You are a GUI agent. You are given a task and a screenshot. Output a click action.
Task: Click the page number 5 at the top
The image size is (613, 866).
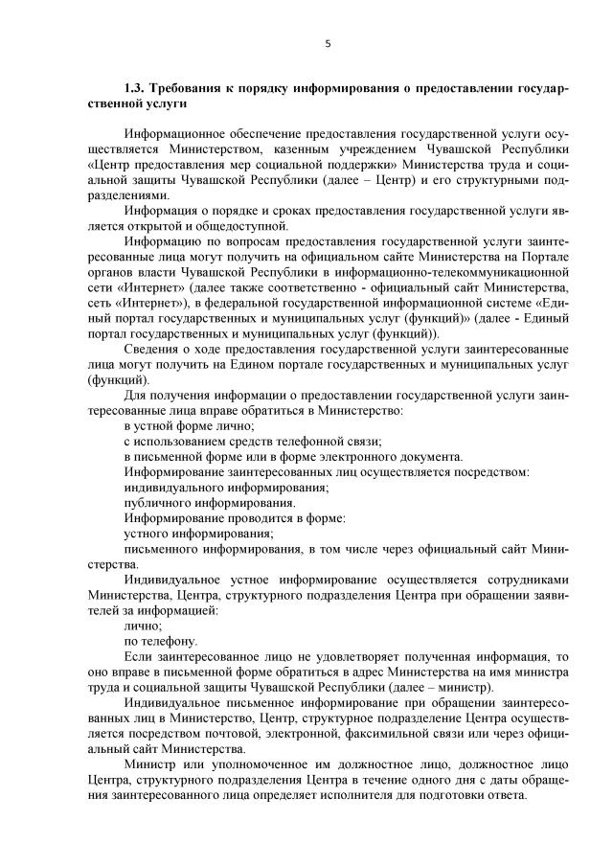click(329, 43)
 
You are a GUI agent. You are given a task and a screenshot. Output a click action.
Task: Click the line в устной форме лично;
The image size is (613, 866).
click(189, 424)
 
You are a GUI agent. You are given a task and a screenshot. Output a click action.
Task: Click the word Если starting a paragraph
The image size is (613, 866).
click(139, 655)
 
